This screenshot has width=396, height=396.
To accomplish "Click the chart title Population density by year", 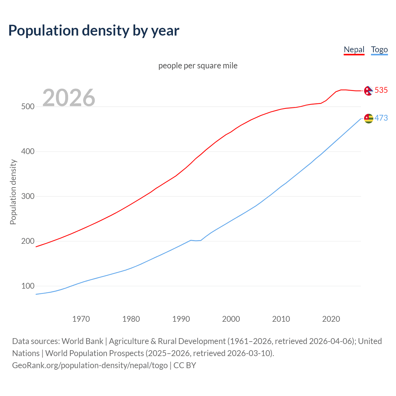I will click(x=94, y=31).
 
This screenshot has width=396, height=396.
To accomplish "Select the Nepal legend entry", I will click(x=354, y=49).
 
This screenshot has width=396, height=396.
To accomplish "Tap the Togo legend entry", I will click(x=379, y=49).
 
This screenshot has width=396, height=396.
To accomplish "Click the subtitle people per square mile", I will click(x=198, y=66).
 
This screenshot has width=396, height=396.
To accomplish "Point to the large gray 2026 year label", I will click(x=69, y=98).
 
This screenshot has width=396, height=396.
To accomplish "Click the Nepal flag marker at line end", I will click(x=368, y=91).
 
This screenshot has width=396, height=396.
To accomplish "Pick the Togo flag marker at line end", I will click(x=368, y=118).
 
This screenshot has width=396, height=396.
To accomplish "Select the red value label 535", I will click(x=381, y=90).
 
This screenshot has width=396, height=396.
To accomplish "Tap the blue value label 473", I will click(x=381, y=118).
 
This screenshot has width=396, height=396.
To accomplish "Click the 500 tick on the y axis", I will click(x=28, y=107).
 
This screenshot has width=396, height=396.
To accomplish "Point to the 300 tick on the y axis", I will click(x=28, y=196).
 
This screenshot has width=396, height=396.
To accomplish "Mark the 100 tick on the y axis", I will click(x=28, y=286).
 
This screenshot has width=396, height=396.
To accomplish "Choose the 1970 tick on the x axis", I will click(x=81, y=319).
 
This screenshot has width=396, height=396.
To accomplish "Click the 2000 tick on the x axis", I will click(x=231, y=319).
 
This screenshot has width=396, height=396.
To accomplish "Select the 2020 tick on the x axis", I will click(x=331, y=319).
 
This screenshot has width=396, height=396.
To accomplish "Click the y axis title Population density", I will click(x=13, y=192).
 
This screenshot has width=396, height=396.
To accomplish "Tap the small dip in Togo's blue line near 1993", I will click(x=196, y=240).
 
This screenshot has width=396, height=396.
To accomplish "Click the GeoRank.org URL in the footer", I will click(x=90, y=365).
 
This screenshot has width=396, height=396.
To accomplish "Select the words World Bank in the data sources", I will click(x=82, y=341).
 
